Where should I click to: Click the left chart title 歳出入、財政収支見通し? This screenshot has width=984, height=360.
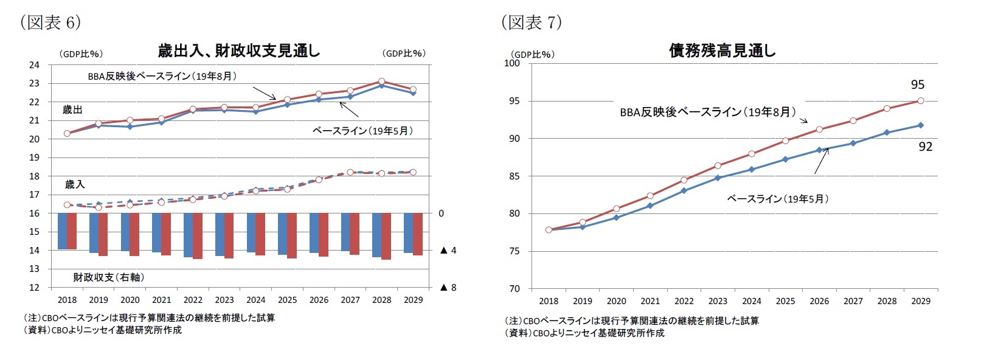coord(238,51)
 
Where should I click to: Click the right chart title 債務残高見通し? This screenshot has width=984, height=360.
coord(722,51)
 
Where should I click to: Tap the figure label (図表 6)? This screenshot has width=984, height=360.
coord(50,22)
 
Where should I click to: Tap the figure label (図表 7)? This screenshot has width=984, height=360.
coord(531,22)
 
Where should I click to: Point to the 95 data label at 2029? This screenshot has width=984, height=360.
coord(917,85)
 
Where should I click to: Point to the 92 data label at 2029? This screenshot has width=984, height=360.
coord(925,147)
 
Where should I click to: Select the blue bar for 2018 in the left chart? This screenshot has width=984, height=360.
coord(63,230)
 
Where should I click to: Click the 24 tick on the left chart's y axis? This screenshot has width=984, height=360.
coord(34,65)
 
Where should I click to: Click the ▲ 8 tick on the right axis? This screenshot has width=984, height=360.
coord(448,288)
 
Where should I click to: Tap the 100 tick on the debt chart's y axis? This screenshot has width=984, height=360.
coord(512,63)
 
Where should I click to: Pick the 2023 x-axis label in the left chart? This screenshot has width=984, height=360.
coord(224,300)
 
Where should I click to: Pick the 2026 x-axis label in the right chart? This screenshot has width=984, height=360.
coord(819,301)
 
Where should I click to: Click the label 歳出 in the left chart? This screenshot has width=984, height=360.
coord(72,110)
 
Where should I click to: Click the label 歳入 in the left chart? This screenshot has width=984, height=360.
coord(75,184)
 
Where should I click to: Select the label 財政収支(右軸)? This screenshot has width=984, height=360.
coord(109,277)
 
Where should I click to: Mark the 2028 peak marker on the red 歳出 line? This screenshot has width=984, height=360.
coord(381,81)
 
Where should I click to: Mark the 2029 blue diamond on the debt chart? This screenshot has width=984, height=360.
coord(920,125)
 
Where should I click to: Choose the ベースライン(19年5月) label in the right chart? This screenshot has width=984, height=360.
coord(778,199)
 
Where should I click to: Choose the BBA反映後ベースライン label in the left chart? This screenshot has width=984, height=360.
coord(162,76)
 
